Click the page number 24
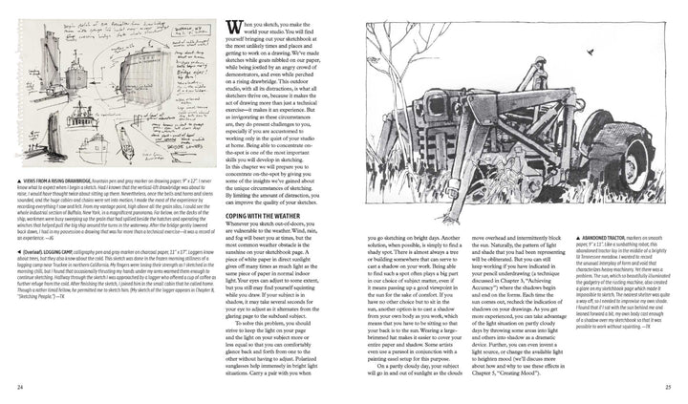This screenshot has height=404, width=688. [x=20, y=386]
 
